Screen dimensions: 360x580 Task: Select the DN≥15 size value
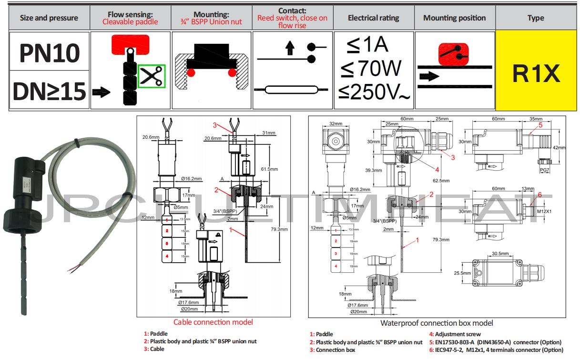[49, 91]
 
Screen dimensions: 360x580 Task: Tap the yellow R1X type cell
[536, 72]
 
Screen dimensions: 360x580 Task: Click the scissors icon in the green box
[152, 76]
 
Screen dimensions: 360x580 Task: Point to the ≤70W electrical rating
[371, 69]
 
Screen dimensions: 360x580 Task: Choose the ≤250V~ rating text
[374, 92]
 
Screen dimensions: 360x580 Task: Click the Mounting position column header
[454, 18]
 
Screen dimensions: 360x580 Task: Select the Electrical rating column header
[374, 18]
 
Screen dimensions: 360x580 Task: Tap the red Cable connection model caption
[213, 322]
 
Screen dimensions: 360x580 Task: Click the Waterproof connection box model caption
[437, 323]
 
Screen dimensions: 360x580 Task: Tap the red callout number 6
[539, 195]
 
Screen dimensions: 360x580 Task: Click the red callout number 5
[540, 125]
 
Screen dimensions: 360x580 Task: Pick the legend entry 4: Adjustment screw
[455, 334]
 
